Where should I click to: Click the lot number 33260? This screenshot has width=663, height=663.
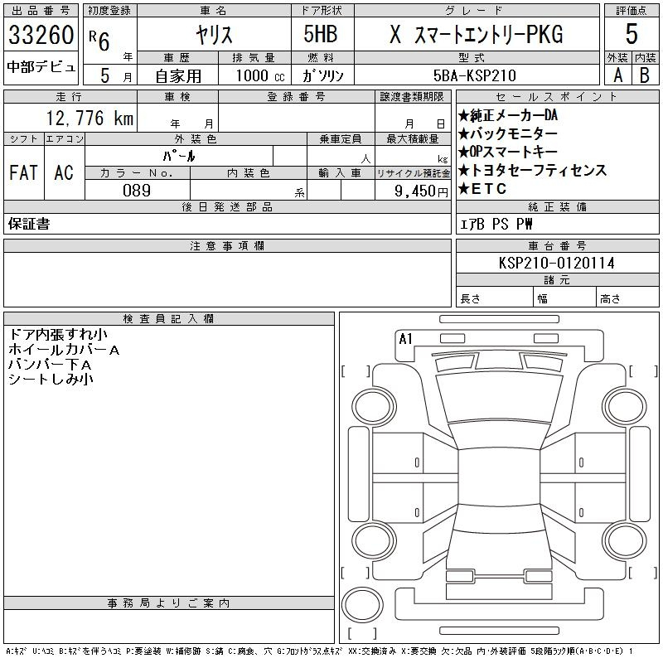point(41,35)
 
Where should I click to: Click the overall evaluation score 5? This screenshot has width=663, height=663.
point(632,34)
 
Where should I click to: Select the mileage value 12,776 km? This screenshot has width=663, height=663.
point(90,118)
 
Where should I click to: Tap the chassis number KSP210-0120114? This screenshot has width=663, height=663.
point(556,263)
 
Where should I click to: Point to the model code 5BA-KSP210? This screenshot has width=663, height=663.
point(475,75)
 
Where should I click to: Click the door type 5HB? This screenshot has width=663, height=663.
point(321,34)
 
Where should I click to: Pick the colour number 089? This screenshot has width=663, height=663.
point(137,191)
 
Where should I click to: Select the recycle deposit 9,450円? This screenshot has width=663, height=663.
point(421,191)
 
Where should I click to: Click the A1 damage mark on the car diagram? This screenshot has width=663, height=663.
point(405,339)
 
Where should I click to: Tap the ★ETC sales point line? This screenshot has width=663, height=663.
point(482,189)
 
